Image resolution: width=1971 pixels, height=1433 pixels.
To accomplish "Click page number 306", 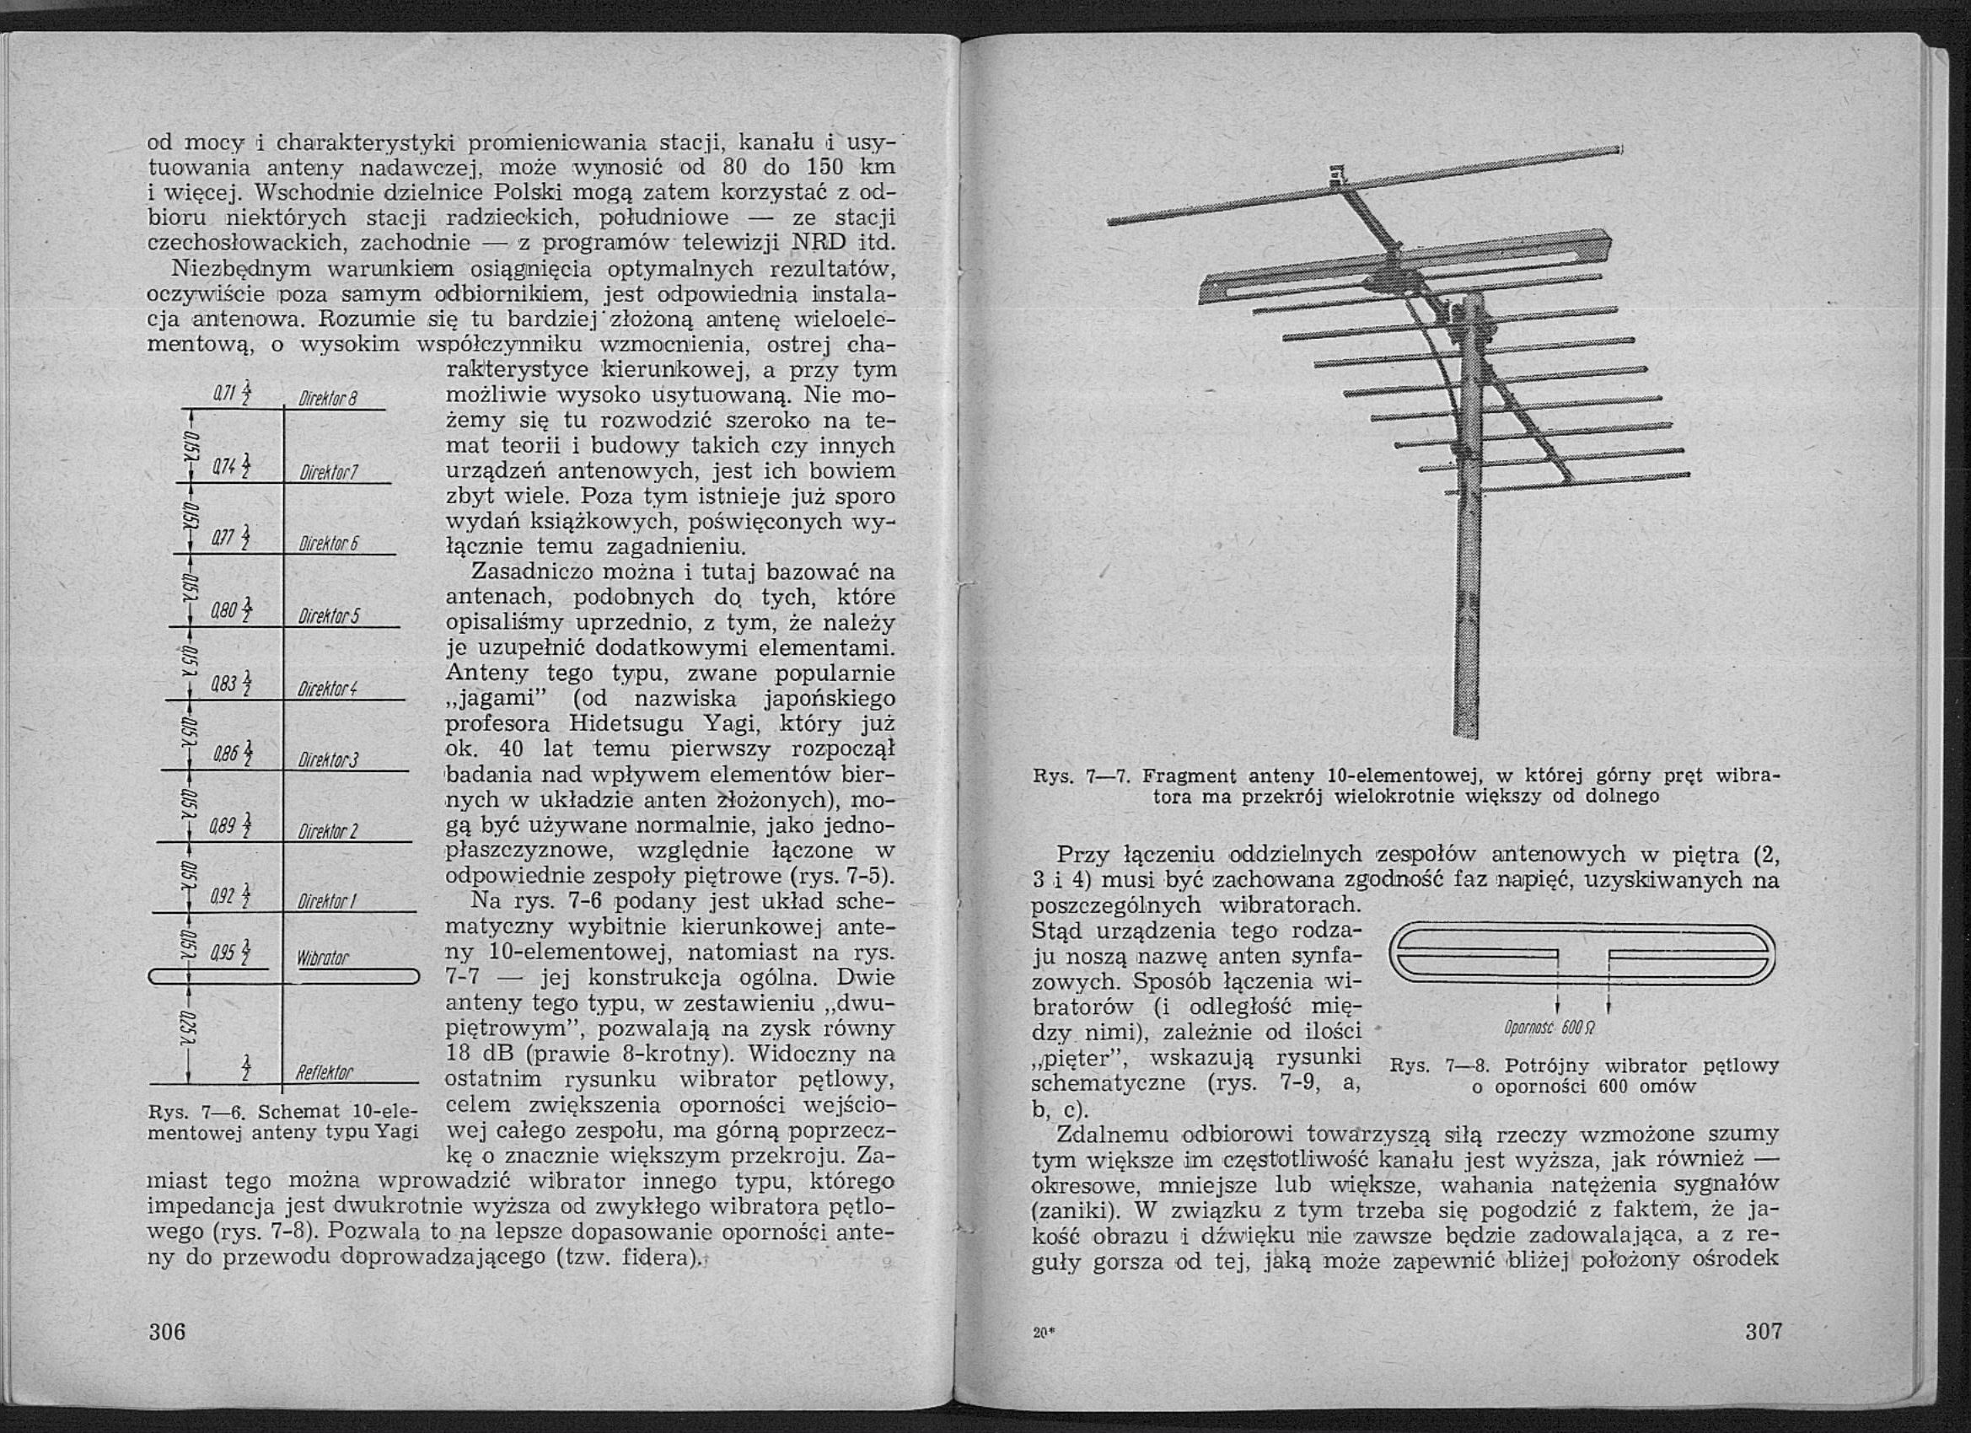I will (x=168, y=1331).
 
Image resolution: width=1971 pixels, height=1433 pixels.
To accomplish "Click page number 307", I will (x=1764, y=1330).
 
